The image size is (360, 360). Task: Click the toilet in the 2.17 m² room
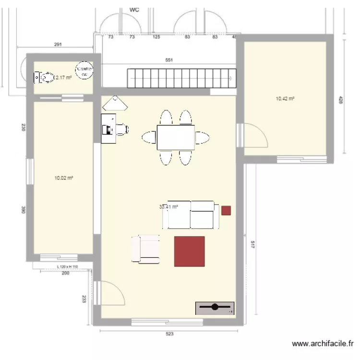click(x=44, y=77)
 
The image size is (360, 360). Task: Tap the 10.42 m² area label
click(x=285, y=99)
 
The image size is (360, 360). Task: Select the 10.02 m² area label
click(x=63, y=178)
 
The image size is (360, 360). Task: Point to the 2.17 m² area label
click(x=63, y=77)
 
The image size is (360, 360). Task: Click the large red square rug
click(x=189, y=251)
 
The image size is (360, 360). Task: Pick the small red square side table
click(x=226, y=210)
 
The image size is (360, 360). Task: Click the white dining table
click(x=176, y=137)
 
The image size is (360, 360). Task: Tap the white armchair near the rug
click(x=145, y=249)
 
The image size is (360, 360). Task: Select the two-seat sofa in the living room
click(x=191, y=215)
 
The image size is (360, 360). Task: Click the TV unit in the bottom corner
click(x=215, y=308)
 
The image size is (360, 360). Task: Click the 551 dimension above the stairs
click(x=169, y=60)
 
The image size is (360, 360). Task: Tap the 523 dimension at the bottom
click(x=169, y=334)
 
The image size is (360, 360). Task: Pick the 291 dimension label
click(x=58, y=45)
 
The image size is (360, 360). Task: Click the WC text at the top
click(x=134, y=10)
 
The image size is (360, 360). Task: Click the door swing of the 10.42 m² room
click(x=255, y=136)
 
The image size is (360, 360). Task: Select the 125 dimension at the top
click(x=156, y=36)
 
